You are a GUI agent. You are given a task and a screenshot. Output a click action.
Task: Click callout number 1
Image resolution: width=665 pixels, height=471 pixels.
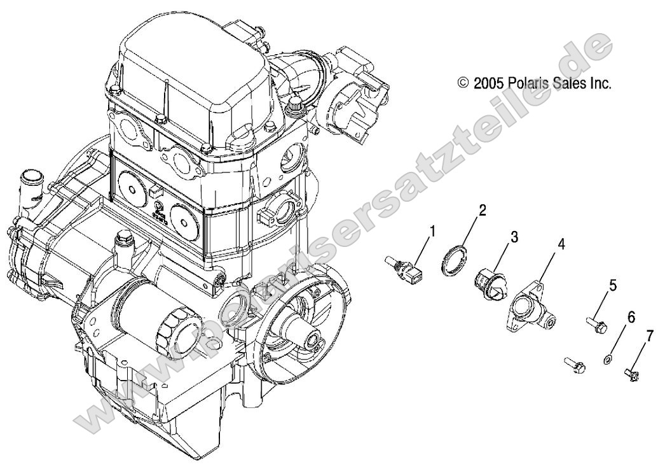click(433, 231)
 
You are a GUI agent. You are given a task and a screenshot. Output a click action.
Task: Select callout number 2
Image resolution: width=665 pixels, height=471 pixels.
click(483, 211)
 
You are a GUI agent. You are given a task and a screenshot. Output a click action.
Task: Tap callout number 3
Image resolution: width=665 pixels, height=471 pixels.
click(514, 237)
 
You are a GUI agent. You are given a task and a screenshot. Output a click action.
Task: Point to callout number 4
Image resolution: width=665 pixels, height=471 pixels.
click(561, 244)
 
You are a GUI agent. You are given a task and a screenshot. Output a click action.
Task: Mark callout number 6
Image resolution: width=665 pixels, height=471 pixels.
click(631, 316)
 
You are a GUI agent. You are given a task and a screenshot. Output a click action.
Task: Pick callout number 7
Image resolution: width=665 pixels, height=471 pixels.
click(649, 336)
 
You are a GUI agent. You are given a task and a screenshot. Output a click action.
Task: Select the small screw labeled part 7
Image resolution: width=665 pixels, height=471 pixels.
click(630, 372)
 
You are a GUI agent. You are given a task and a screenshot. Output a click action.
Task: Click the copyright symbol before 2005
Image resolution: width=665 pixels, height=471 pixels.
click(463, 83)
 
